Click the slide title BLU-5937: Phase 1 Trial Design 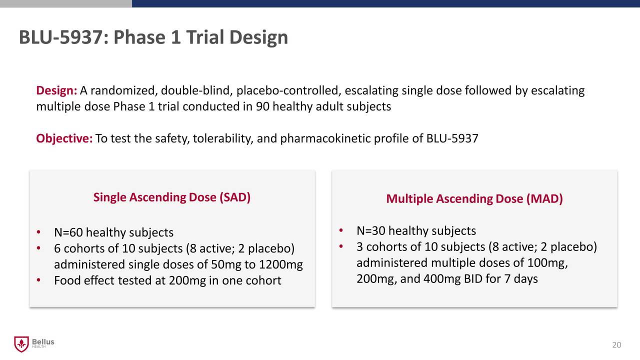click(153, 37)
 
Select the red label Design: click(56, 91)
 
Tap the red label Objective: click(64, 138)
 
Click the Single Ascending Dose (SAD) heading click(171, 197)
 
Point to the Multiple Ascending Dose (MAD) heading click(474, 199)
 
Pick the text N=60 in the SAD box click(69, 232)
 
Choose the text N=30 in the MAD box click(371, 231)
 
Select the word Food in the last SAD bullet click(67, 281)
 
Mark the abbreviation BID click(473, 278)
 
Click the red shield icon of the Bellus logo click(20, 344)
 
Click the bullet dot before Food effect click(38, 280)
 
